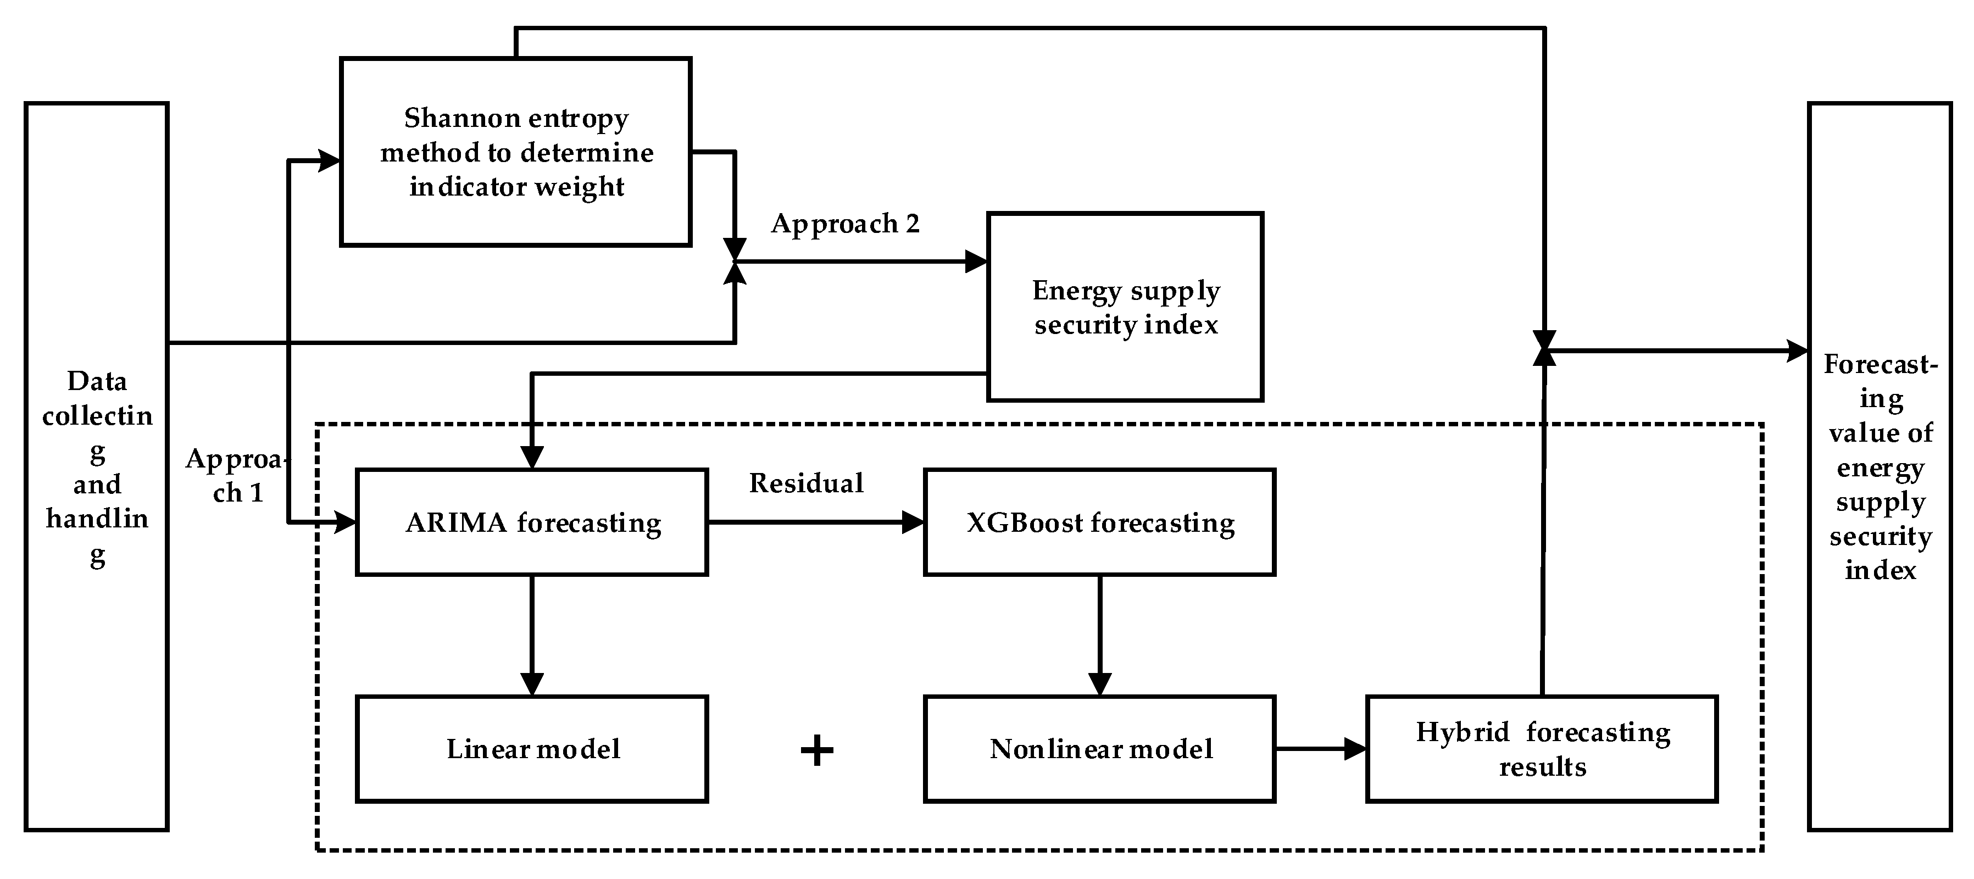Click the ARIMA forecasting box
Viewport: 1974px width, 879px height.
coord(532,522)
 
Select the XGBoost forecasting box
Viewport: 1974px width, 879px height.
coord(1100,522)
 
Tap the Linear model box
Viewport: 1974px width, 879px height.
coord(532,749)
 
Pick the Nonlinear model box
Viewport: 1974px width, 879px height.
coord(1100,749)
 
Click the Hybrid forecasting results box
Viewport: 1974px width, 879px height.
coord(1542,749)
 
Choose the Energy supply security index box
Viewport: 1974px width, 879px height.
coord(1125,307)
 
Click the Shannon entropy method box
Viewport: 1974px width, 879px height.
coord(516,152)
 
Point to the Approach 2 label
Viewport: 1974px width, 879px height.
coord(844,223)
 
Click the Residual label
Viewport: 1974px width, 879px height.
coord(806,483)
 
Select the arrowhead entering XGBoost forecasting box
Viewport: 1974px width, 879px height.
coord(914,522)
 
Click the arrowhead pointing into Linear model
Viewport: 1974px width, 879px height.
coord(532,685)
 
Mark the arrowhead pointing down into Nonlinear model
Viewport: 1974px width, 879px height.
coord(1100,685)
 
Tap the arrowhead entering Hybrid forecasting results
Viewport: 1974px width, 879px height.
coord(1355,749)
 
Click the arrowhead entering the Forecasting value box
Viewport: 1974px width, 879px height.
coord(1797,351)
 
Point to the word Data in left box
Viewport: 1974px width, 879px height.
coord(97,381)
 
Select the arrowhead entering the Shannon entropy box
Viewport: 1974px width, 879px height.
coord(330,161)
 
